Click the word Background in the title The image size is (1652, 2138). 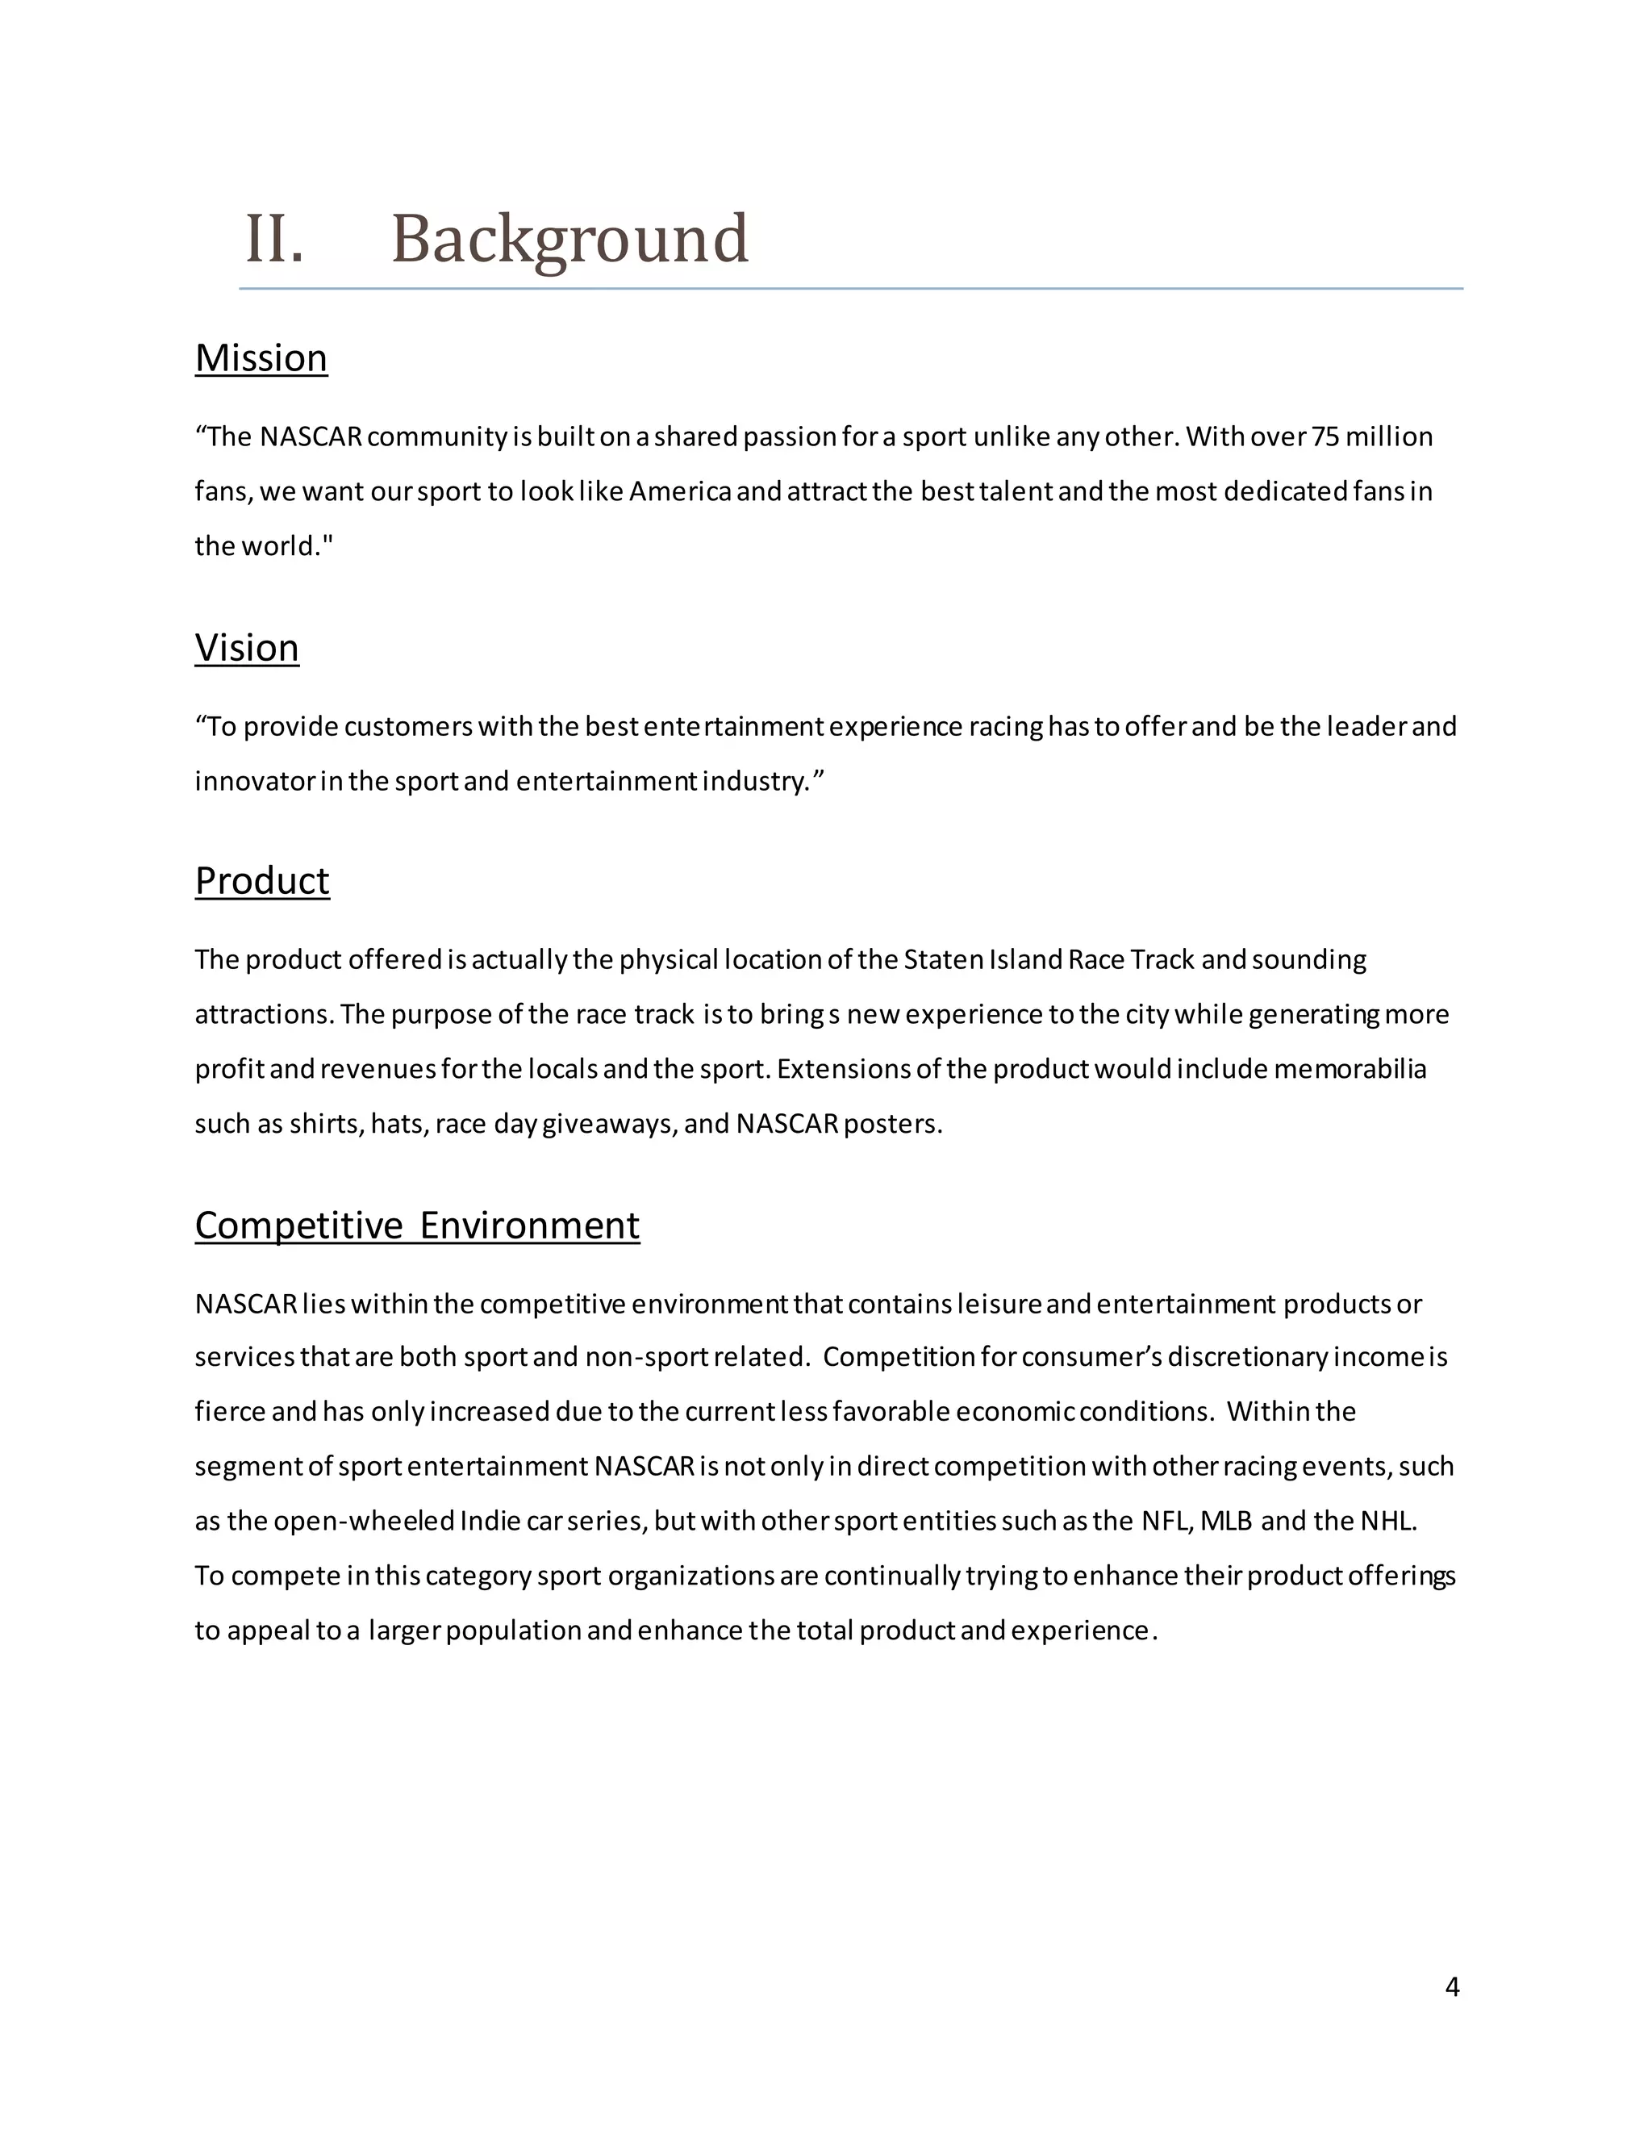[569, 239]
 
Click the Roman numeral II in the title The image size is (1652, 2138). [273, 239]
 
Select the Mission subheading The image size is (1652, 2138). [261, 358]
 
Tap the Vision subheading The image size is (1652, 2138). [247, 648]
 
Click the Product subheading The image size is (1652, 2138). [262, 881]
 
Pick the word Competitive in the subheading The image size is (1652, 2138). [298, 1226]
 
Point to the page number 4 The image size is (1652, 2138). [1451, 1987]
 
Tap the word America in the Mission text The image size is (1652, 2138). [680, 491]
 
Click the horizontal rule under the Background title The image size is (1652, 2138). [852, 289]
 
